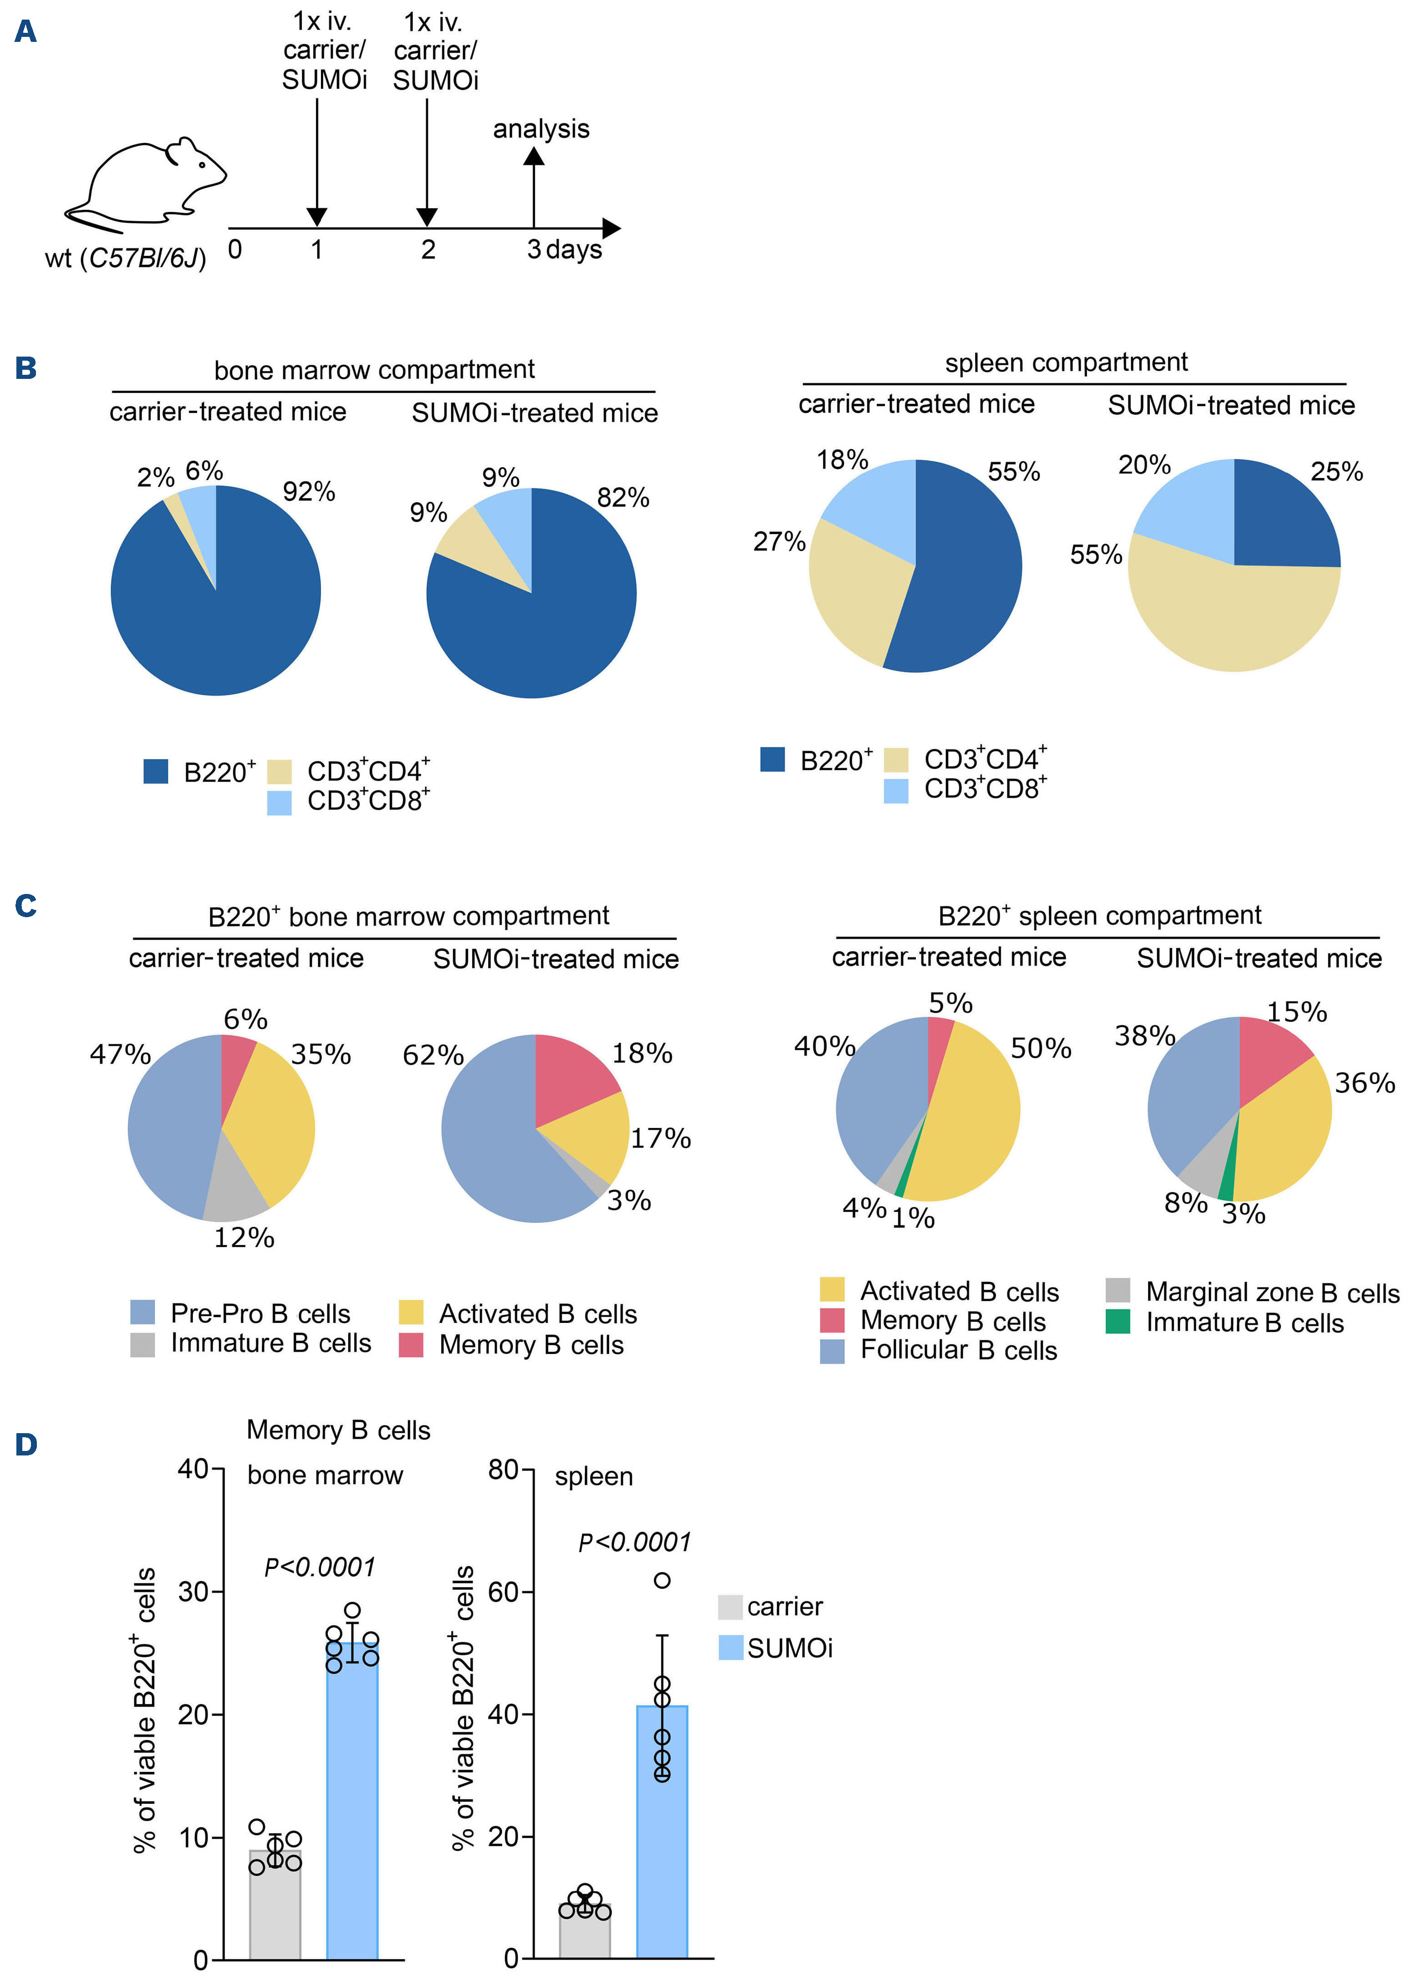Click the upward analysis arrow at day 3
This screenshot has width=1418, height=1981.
(x=534, y=188)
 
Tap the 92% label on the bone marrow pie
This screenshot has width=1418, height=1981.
(x=309, y=492)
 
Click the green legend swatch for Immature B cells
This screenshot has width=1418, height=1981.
(x=1118, y=1322)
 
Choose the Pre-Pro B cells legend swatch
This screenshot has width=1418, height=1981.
(x=142, y=1313)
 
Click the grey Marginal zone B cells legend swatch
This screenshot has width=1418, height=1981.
(x=1118, y=1291)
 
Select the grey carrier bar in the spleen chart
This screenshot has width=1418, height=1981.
(x=584, y=1930)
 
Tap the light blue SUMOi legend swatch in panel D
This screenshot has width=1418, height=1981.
(x=731, y=1647)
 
